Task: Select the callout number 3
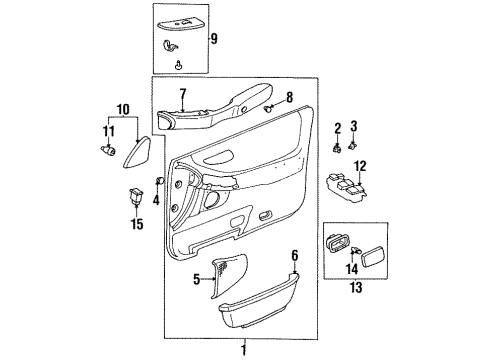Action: [x=353, y=126]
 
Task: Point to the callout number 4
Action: [x=156, y=200]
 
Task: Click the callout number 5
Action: [x=197, y=279]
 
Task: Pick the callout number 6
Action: [x=295, y=256]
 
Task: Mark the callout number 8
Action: [x=289, y=97]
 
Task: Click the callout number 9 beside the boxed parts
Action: [x=212, y=40]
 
